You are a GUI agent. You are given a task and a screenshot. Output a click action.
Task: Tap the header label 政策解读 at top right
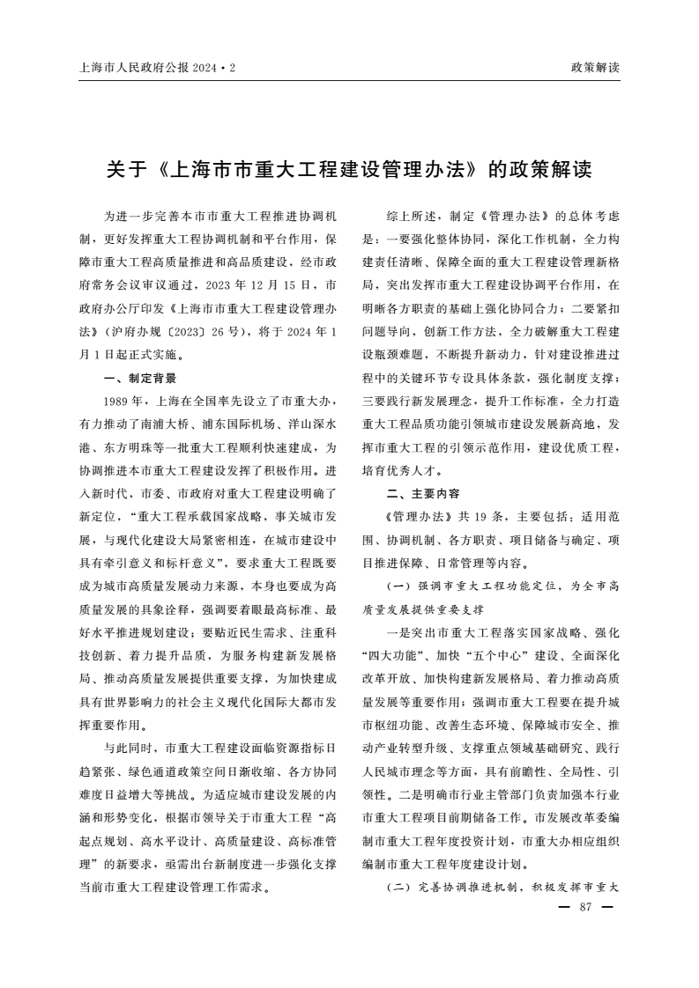point(595,67)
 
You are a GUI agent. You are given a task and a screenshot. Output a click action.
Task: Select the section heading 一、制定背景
point(140,378)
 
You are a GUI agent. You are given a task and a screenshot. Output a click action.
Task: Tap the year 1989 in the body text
point(117,401)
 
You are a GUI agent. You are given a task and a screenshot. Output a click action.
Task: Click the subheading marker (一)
point(397,585)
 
